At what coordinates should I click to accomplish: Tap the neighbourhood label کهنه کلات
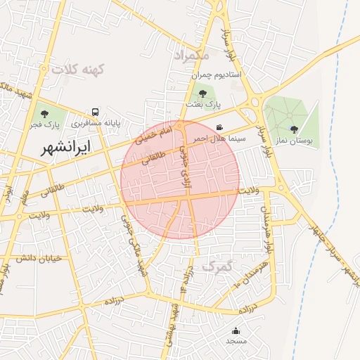[x=77, y=70]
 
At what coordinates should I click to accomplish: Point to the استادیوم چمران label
[x=217, y=74]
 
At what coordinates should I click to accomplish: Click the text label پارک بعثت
[x=203, y=104]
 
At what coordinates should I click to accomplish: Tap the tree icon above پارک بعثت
[x=202, y=93]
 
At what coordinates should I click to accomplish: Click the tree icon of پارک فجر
[x=44, y=113]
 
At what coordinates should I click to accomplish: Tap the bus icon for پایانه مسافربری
[x=95, y=112]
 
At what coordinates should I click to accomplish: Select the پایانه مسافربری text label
[x=95, y=123]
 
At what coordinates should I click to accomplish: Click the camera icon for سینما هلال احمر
[x=220, y=127]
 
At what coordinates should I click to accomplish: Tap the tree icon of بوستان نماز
[x=293, y=129]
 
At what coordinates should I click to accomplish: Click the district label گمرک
[x=217, y=266]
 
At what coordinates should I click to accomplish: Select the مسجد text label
[x=236, y=341]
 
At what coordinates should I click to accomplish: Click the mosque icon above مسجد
[x=236, y=330]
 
